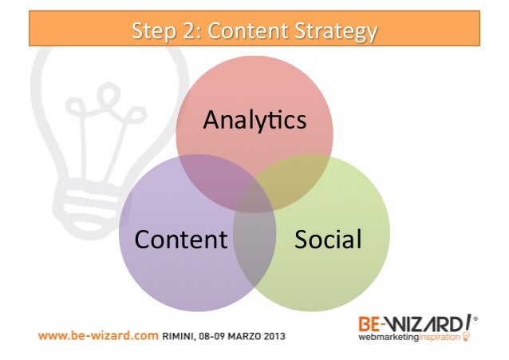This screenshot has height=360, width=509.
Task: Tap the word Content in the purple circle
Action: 181,239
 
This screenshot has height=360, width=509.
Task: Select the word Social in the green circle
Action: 328,239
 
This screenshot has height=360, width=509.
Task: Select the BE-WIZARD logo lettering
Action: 411,324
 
